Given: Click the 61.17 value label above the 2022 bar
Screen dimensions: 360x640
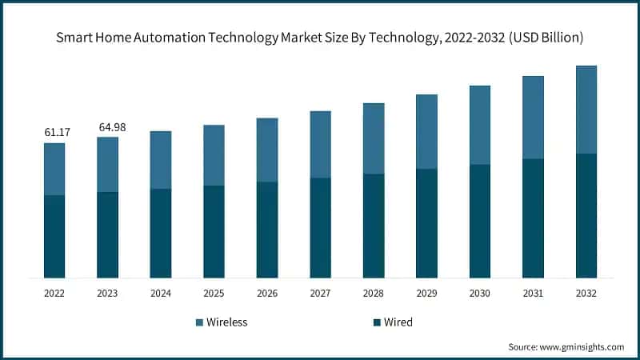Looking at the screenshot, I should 54,131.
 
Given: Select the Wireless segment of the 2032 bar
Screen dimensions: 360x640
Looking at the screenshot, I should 586,110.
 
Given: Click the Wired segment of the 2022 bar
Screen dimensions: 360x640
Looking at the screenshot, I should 54,236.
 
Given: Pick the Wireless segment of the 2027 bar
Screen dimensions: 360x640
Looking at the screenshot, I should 320,144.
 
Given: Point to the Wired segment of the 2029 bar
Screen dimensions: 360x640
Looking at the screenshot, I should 426,223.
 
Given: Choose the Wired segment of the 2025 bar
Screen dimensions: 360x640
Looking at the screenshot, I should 214,231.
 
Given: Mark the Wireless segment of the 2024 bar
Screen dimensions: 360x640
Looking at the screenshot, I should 161,160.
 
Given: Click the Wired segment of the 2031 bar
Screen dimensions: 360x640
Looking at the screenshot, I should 533,218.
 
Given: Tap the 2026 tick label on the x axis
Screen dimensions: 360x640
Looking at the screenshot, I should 267,294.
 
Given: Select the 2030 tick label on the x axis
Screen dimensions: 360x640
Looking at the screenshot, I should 480,294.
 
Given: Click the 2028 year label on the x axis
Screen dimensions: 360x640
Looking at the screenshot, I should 374,294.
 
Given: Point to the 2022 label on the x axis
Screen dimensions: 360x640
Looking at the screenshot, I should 54,294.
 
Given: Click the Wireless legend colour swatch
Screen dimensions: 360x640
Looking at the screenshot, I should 199,322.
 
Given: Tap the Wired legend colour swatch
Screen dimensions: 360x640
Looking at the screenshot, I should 376,322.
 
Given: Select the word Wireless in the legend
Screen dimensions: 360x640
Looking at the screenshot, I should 227,322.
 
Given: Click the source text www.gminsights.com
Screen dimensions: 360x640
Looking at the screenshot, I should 583,346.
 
